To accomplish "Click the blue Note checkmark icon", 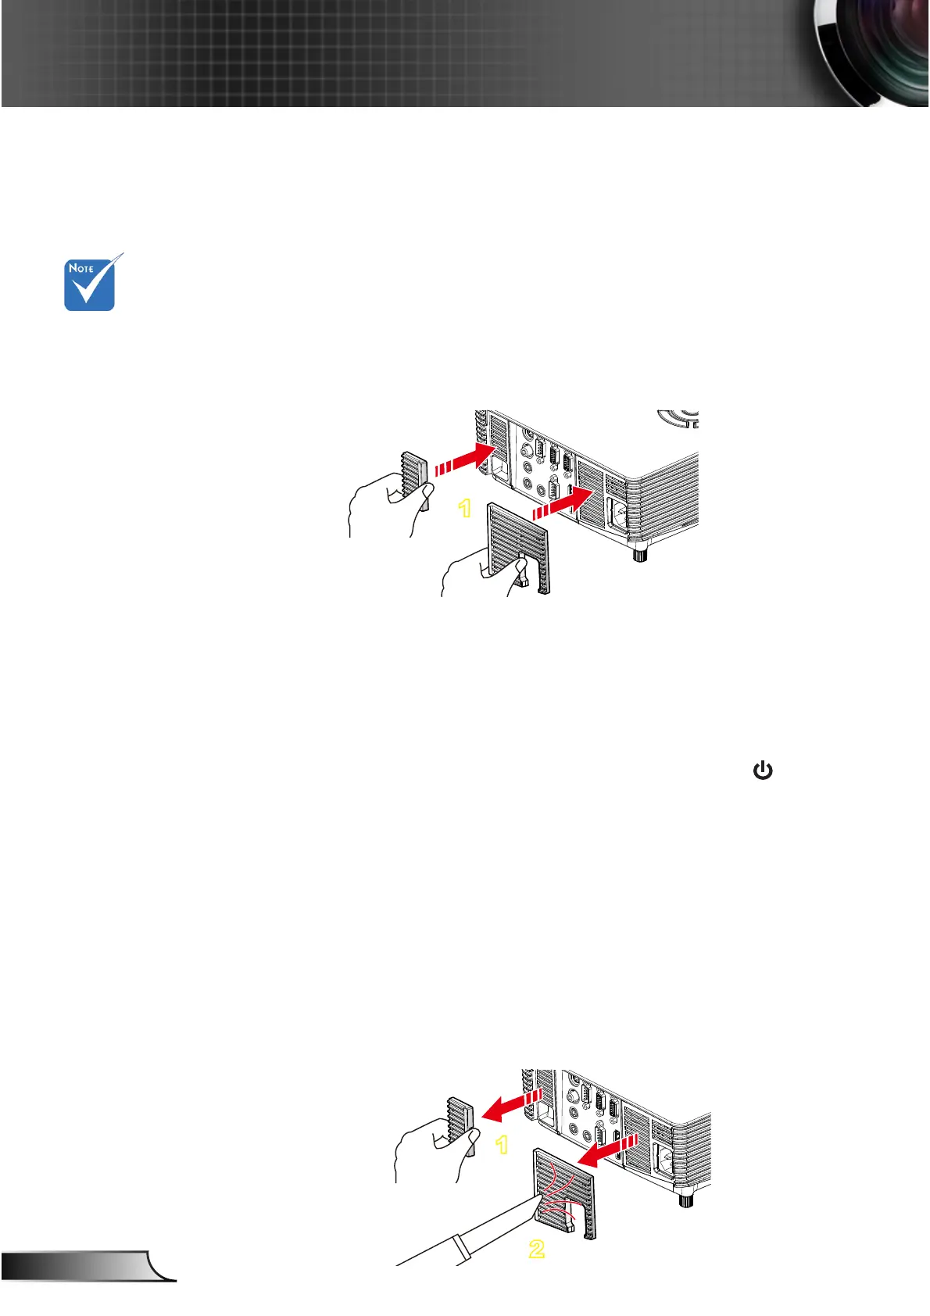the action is (90, 284).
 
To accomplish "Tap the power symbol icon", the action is (762, 771).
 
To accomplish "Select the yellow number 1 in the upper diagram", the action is (465, 509).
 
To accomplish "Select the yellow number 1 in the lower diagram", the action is (502, 1145).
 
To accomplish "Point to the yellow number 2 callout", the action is (536, 1248).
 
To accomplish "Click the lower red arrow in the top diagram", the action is (560, 502).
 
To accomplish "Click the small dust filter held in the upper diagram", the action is (413, 474).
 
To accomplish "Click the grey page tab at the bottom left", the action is (86, 1266).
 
